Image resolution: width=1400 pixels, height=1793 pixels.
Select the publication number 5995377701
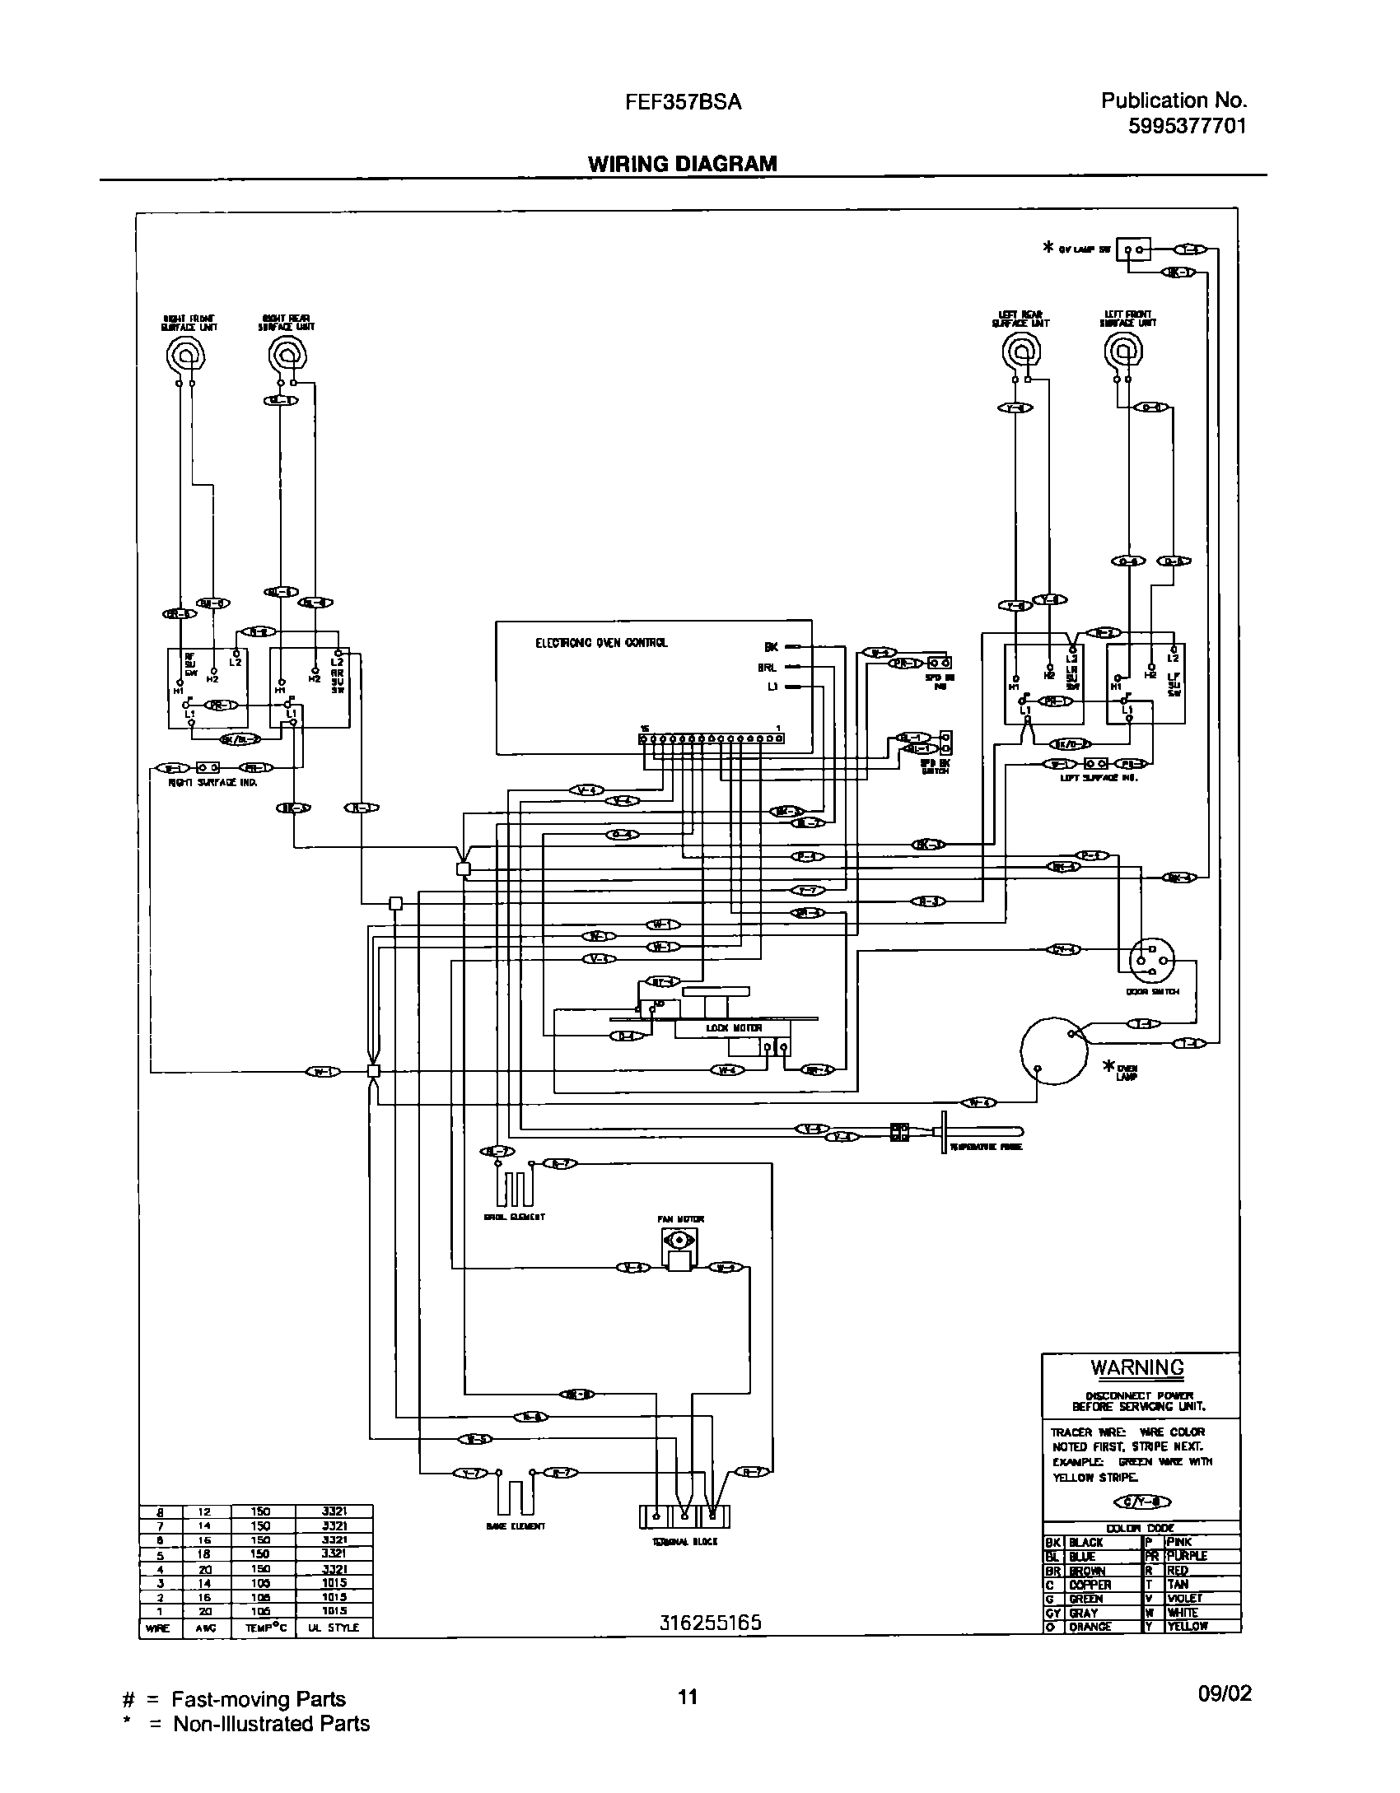pyautogui.click(x=1186, y=126)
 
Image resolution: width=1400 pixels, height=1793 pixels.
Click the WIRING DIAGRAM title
pyautogui.click(x=682, y=164)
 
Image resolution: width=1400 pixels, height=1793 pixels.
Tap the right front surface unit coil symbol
pyautogui.click(x=186, y=356)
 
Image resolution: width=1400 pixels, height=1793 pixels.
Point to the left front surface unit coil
pyautogui.click(x=1123, y=352)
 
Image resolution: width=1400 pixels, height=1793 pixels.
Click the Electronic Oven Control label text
pyautogui.click(x=601, y=643)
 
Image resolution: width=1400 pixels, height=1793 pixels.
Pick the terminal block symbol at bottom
pyautogui.click(x=684, y=1516)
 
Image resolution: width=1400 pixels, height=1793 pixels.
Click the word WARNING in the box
pyautogui.click(x=1137, y=1367)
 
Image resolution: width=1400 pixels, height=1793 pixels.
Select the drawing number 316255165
pyautogui.click(x=710, y=1623)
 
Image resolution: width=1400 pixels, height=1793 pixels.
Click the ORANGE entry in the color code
pyautogui.click(x=1090, y=1627)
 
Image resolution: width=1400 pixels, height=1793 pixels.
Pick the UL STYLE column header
pyautogui.click(x=334, y=1628)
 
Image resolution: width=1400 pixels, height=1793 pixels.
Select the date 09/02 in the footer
pyautogui.click(x=1225, y=1693)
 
